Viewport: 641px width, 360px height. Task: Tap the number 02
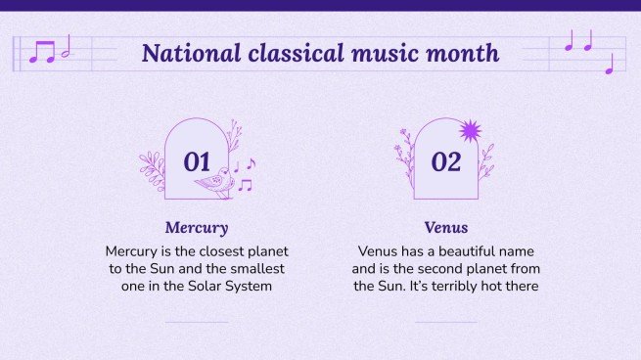pos(445,162)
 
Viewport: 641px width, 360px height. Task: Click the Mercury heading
pos(197,228)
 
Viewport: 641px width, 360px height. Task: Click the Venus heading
pos(445,228)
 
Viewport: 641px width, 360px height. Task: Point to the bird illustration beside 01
pos(214,182)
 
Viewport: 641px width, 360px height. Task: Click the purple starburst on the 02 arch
pos(471,131)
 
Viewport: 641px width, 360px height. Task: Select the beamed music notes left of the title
pos(42,52)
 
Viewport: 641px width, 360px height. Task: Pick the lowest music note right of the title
pos(609,65)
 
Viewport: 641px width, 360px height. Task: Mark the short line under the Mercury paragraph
pos(197,322)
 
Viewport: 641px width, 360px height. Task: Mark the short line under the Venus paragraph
pos(445,322)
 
